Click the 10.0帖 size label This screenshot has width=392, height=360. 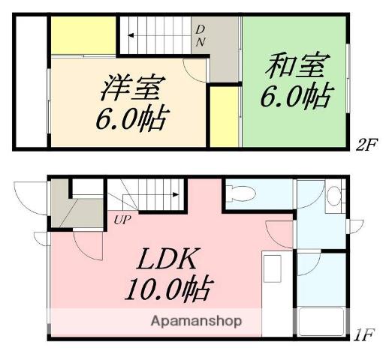coord(168,287)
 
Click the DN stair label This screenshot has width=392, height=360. coord(200,35)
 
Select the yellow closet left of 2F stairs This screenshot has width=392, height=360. coord(83,36)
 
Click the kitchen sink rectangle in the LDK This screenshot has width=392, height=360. coord(271,267)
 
